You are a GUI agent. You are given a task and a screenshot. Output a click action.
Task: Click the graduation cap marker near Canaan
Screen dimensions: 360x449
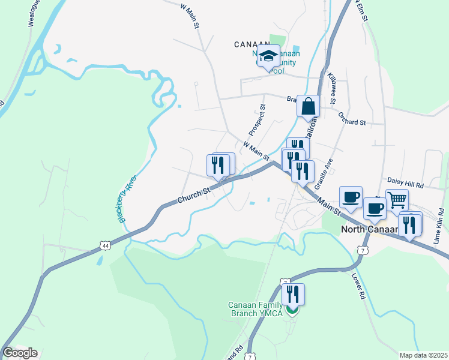pos(268,56)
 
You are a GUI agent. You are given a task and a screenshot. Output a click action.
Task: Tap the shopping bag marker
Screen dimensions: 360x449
pos(308,106)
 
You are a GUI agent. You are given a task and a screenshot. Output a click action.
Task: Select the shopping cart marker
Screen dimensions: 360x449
pos(397,199)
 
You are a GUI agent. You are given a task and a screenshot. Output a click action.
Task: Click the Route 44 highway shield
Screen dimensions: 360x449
pos(106,245)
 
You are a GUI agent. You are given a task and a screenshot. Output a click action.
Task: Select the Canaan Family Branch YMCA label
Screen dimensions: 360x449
pos(259,308)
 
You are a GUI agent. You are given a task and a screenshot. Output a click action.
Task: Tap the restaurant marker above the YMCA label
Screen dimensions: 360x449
pos(293,295)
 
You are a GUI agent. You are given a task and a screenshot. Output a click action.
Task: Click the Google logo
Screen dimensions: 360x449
pos(20,353)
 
